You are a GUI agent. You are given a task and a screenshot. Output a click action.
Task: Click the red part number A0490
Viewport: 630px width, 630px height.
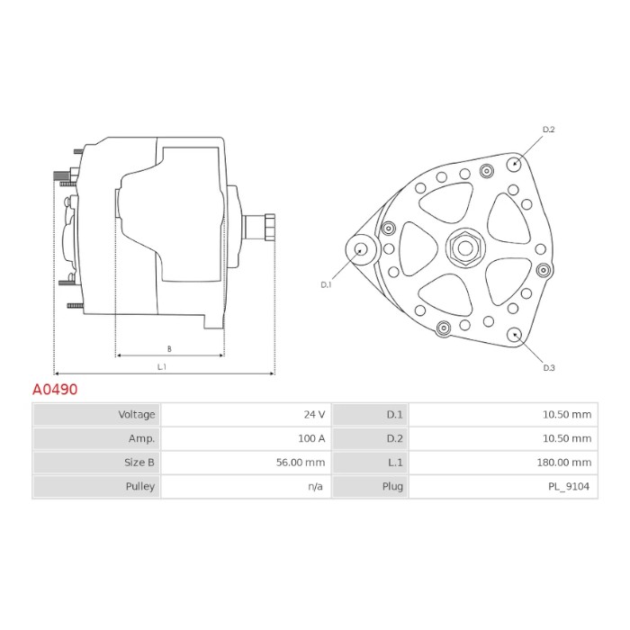point(55,390)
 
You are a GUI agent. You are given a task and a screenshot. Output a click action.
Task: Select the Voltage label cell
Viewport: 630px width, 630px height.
point(97,414)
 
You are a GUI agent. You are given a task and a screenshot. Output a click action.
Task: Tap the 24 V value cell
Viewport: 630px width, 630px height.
point(246,414)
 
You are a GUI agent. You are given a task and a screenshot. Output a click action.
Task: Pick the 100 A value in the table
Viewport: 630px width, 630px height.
point(311,438)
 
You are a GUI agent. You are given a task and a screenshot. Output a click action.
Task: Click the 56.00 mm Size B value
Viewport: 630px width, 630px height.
point(301,463)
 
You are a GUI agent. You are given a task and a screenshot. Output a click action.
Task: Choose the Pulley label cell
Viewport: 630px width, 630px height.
point(97,487)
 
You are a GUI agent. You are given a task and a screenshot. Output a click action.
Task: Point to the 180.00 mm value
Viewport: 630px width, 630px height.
point(564,463)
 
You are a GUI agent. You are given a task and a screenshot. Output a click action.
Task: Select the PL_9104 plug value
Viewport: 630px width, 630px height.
point(569,487)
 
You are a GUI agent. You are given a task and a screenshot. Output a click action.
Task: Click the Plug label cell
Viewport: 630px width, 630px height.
point(370,487)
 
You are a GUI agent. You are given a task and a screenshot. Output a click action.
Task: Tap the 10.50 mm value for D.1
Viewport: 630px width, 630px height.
point(567,414)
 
